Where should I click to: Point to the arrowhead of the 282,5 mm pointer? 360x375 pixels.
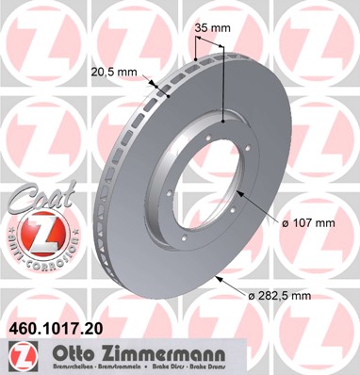[x=216, y=279]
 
